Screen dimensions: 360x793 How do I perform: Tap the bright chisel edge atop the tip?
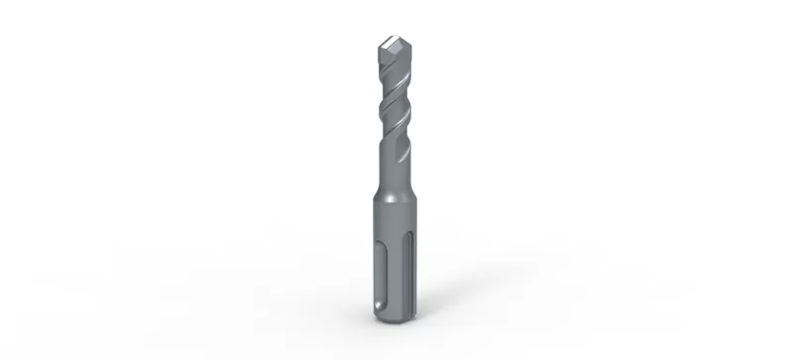(394, 43)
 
